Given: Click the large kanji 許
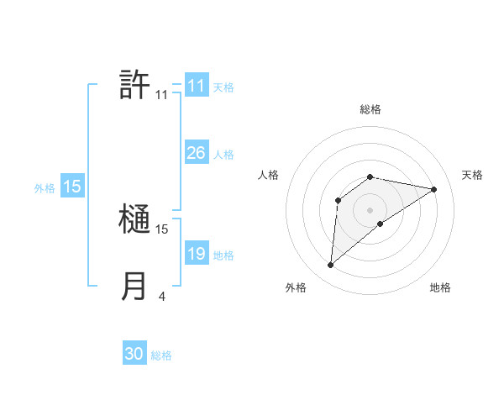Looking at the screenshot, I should coord(134,85).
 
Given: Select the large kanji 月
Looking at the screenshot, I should coord(134,286).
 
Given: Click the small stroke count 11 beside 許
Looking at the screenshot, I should coord(161,95).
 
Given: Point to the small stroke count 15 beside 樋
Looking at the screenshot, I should coord(162,229).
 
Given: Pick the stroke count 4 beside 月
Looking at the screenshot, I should coord(161,296).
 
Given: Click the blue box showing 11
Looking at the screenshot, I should coord(196,86).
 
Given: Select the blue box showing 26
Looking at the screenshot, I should coord(196,153).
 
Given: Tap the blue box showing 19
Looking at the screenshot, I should coord(196,254).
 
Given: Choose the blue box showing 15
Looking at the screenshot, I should coord(72,187).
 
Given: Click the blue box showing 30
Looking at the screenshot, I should coord(134,354).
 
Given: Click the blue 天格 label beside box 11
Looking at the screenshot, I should coord(223,87).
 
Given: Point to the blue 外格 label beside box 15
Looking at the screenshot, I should coord(45,188).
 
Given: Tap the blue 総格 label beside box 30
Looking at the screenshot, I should coord(161,355).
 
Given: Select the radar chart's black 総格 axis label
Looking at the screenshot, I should coord(370,109).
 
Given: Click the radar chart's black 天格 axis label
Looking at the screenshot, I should coord(473,175).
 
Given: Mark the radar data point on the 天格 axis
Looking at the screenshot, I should coord(434,189).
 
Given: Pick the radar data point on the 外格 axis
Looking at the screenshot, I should coord(331,265).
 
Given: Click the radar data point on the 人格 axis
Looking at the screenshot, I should coord(339,200).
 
